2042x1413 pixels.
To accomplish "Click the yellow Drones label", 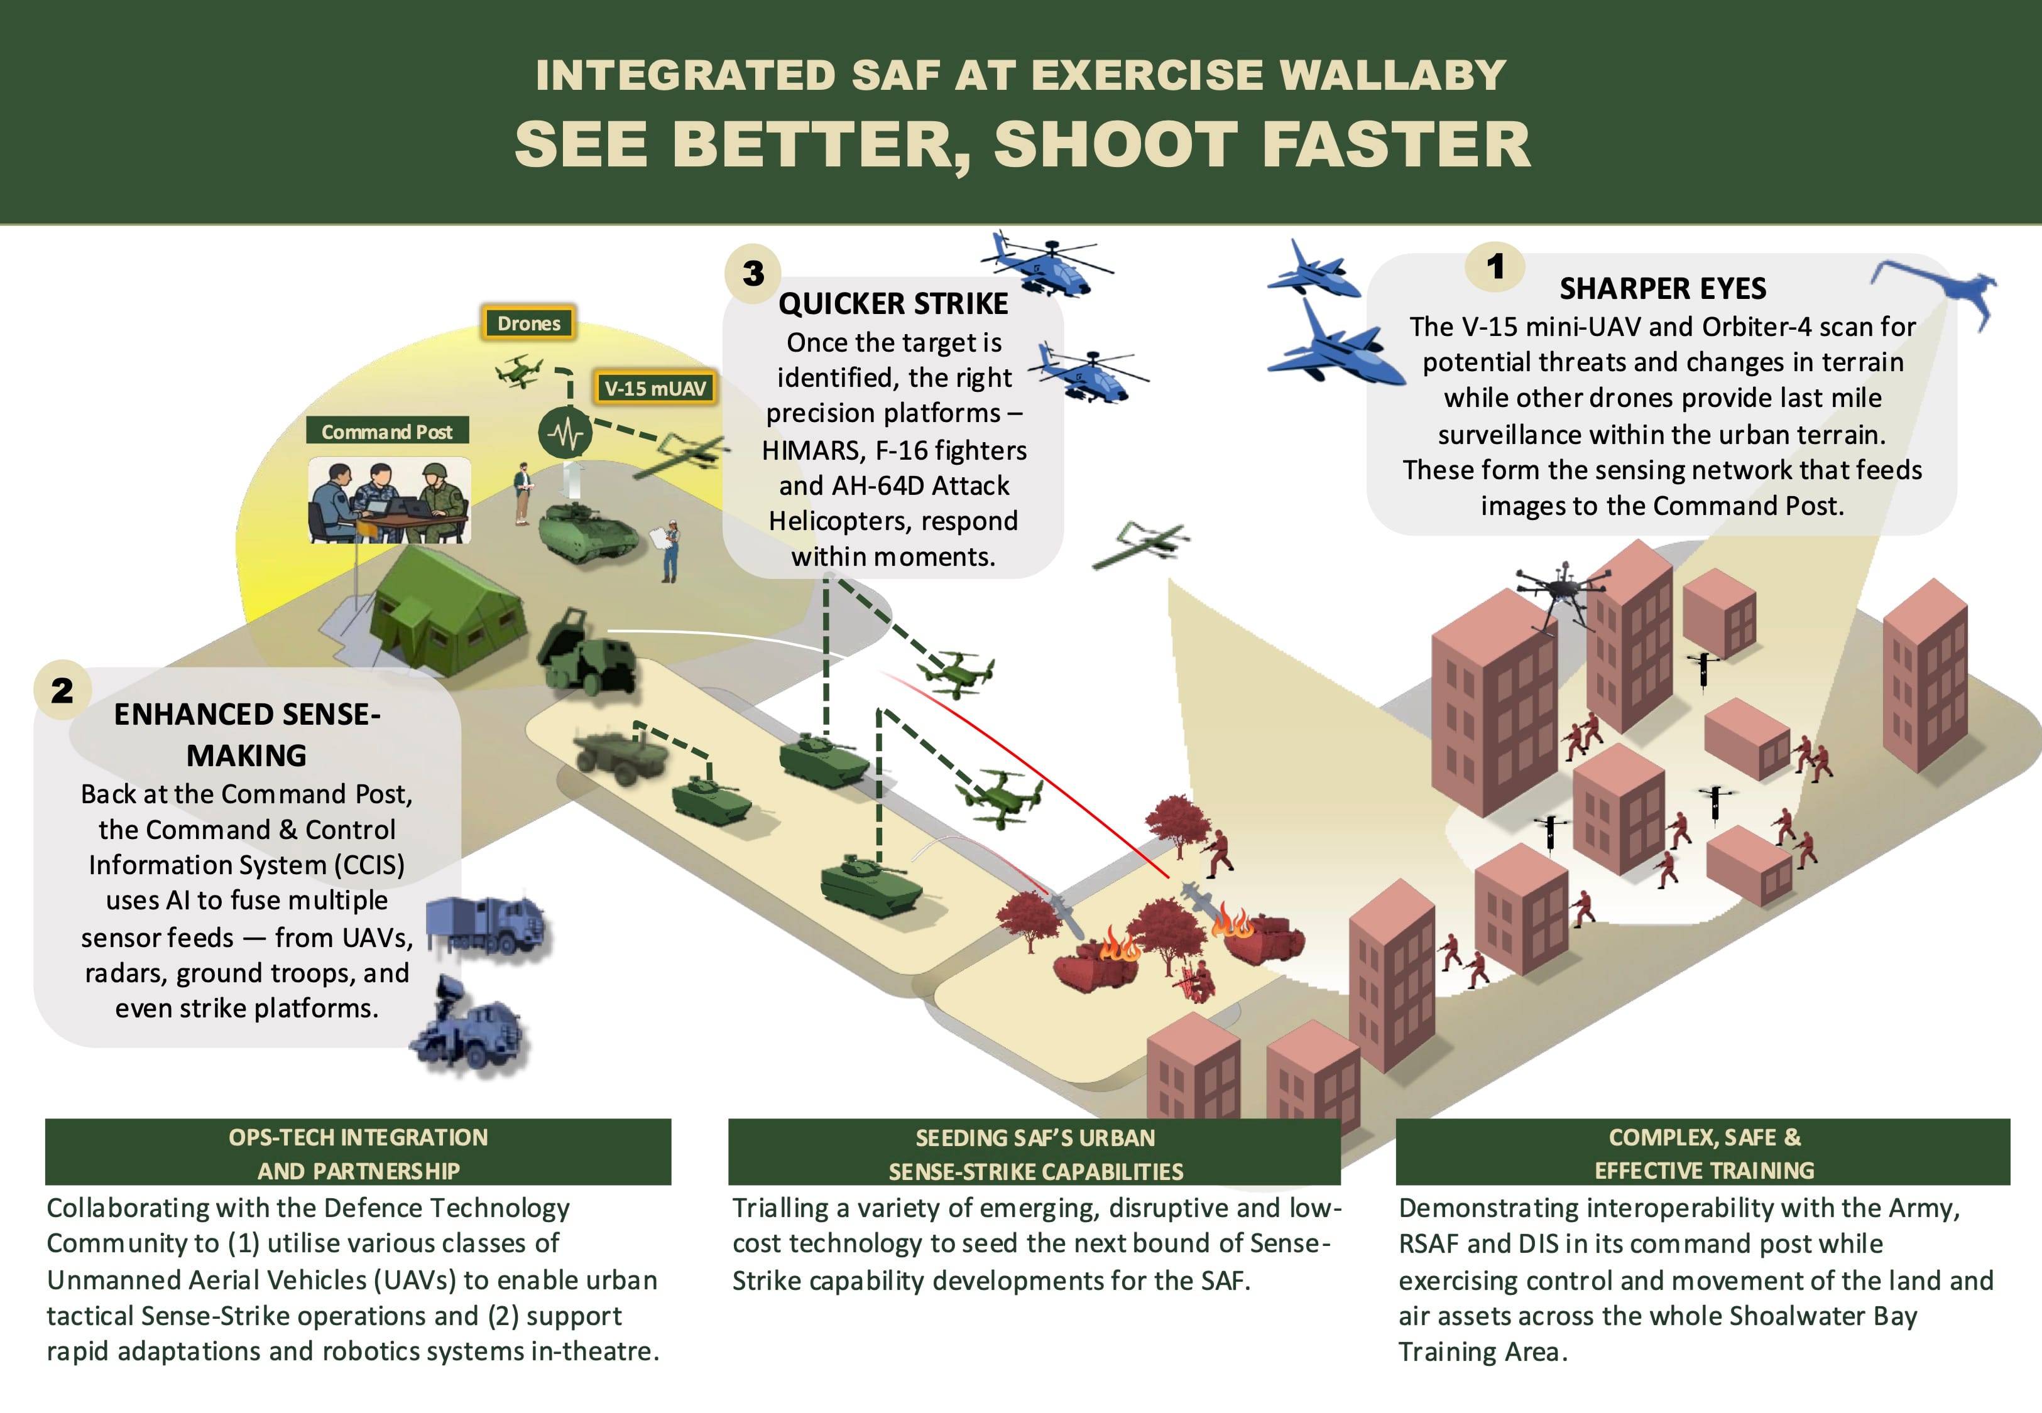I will click(528, 323).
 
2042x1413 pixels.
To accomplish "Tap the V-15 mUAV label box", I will click(655, 387).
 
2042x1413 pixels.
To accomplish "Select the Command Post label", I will click(387, 431).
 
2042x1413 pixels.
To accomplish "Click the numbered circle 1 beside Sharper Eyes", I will click(1495, 266).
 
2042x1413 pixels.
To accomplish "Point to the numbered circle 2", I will click(62, 690).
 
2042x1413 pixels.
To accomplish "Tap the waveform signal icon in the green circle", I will click(564, 433).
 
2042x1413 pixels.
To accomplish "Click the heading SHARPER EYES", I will click(1662, 289).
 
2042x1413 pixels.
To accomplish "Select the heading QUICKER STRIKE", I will click(893, 304).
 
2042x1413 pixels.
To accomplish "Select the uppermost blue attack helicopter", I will click(1045, 264).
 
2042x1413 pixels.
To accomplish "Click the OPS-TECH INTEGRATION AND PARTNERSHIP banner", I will click(358, 1153).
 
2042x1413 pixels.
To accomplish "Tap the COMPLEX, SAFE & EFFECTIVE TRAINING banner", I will click(1702, 1153).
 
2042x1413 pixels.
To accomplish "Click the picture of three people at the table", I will click(389, 501).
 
